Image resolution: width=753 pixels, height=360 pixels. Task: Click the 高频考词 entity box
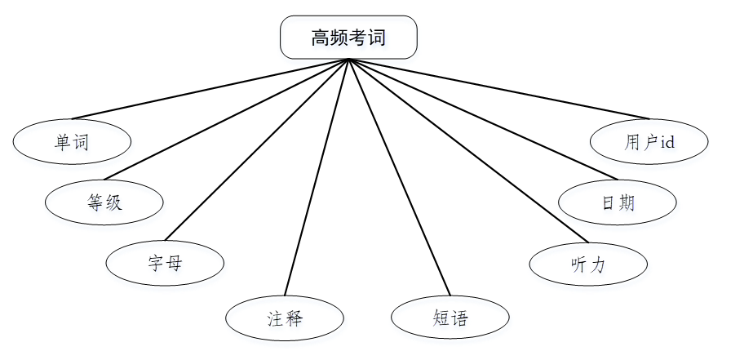pyautogui.click(x=348, y=38)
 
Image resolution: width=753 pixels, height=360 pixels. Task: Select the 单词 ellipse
pyautogui.click(x=72, y=142)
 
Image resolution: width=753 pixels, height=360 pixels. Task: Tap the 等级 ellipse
pyautogui.click(x=104, y=201)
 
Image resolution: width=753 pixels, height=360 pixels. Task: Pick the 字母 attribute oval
pyautogui.click(x=165, y=262)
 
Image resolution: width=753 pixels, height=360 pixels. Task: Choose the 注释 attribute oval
pyautogui.click(x=284, y=318)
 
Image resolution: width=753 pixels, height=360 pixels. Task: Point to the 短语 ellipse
pyautogui.click(x=450, y=317)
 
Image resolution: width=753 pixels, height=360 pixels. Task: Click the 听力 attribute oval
pyautogui.click(x=587, y=264)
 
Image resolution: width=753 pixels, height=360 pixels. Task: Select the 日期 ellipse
pyautogui.click(x=618, y=202)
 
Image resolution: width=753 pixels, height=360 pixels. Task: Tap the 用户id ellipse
pyautogui.click(x=649, y=142)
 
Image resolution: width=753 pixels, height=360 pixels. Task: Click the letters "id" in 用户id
pyautogui.click(x=667, y=142)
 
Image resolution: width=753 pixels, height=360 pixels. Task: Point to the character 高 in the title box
pyautogui.click(x=320, y=38)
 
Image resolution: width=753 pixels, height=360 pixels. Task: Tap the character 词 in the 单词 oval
pyautogui.click(x=81, y=142)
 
